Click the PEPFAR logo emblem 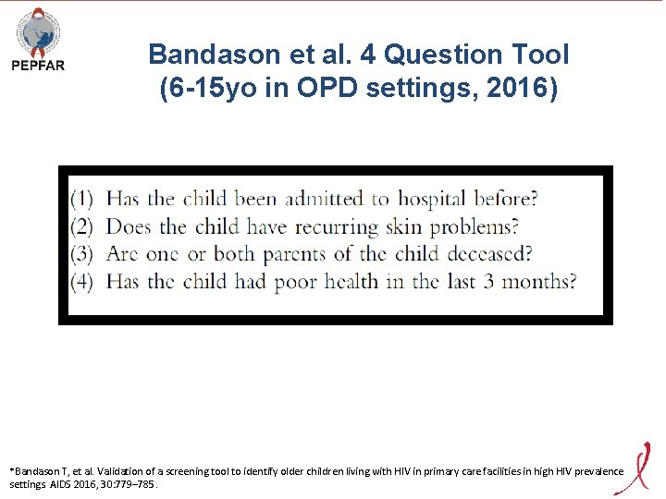tap(38, 31)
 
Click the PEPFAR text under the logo tap(38, 66)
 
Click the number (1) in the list tap(82, 199)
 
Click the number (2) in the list tap(82, 226)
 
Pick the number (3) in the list tap(82, 254)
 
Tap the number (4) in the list tap(82, 282)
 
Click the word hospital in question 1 tap(432, 199)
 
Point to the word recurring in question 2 tap(335, 226)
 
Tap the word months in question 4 tap(531, 282)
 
